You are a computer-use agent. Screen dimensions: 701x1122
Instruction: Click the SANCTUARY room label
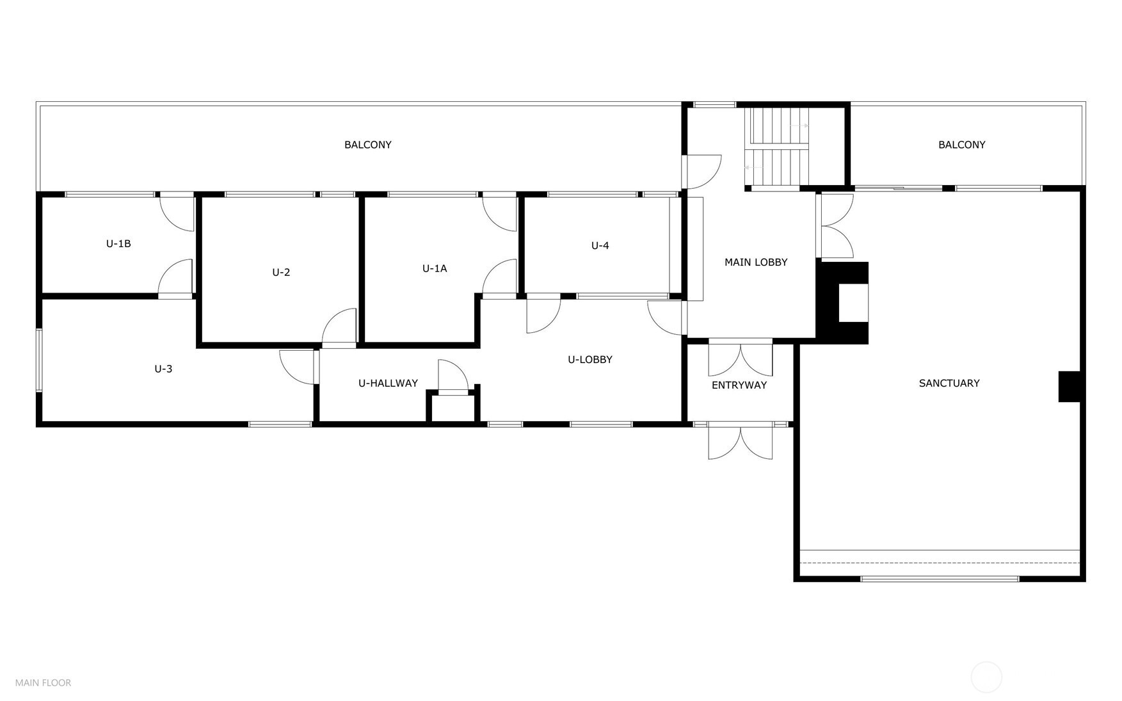pos(949,383)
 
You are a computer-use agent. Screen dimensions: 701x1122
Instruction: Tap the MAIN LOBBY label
pos(755,262)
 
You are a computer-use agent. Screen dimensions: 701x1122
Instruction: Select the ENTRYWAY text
pos(739,385)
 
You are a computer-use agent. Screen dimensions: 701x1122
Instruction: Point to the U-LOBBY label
pos(589,360)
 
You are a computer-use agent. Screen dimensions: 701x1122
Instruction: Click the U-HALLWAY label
pos(388,383)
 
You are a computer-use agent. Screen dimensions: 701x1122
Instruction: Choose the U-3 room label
pos(163,369)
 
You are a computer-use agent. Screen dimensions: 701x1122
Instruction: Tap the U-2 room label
pos(281,272)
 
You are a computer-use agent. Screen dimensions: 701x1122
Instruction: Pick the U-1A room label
pos(435,269)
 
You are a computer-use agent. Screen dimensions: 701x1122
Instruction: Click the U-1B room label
pos(118,244)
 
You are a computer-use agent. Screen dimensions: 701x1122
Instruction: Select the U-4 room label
pos(600,246)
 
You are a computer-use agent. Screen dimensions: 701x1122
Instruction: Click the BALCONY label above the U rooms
pos(367,145)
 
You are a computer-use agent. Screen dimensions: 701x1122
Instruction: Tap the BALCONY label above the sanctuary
pos(961,145)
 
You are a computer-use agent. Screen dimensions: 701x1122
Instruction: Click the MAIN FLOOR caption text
pos(43,683)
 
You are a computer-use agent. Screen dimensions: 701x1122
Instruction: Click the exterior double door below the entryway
pos(740,442)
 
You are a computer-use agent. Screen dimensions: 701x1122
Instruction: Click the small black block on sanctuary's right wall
pos(1068,387)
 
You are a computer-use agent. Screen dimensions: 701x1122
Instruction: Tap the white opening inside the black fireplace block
pos(853,303)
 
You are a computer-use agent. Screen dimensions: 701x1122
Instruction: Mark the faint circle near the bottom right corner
pos(986,677)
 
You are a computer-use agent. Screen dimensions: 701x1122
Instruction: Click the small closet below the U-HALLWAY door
pos(453,408)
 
